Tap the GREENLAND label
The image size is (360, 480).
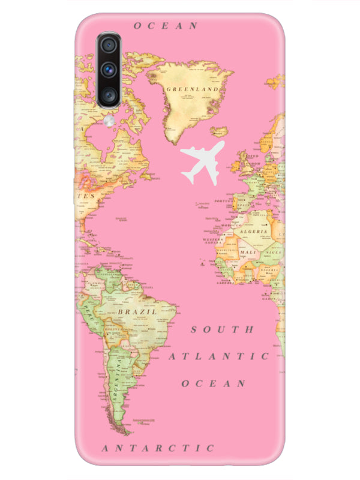[x=192, y=89]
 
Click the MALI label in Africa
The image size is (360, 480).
[x=247, y=253]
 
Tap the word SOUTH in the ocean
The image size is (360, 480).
[x=223, y=329]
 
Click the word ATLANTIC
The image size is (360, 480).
[x=218, y=356]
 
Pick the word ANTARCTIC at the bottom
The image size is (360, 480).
[x=158, y=448]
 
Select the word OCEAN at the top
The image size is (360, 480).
[x=166, y=26]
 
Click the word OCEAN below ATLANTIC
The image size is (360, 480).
[x=214, y=383]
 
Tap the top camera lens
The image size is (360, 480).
[x=109, y=46]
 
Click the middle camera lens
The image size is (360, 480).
[x=109, y=70]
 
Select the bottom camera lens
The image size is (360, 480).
[x=109, y=94]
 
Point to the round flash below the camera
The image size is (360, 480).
[x=109, y=120]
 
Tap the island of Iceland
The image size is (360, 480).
[x=220, y=131]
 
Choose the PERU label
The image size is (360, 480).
[x=90, y=312]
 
